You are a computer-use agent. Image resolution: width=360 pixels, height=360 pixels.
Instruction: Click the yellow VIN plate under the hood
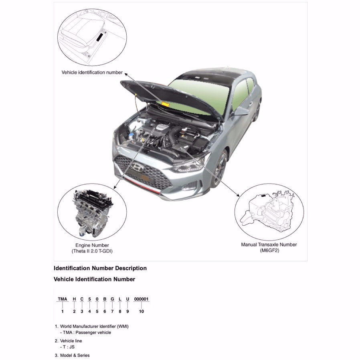click(165, 103)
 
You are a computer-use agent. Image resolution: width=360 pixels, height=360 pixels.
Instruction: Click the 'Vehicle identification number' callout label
click(92, 73)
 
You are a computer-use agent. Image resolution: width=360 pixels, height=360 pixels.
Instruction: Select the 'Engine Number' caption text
click(92, 245)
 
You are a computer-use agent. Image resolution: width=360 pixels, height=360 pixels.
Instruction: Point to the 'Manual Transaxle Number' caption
click(269, 245)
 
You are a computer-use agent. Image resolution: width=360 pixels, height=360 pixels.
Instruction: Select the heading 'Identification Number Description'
click(100, 268)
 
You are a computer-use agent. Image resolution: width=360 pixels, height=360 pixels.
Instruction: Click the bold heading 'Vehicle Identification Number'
click(94, 279)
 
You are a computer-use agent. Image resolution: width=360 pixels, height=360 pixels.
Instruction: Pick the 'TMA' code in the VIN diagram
click(62, 299)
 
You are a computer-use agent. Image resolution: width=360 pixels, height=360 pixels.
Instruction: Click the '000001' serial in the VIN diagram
click(141, 299)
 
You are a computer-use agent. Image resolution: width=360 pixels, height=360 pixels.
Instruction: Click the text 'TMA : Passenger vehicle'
click(85, 332)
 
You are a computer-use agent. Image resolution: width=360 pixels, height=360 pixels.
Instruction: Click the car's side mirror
click(241, 111)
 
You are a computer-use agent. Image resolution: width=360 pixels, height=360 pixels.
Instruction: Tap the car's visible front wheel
click(220, 170)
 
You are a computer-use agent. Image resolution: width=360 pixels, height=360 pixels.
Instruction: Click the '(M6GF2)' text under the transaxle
click(269, 251)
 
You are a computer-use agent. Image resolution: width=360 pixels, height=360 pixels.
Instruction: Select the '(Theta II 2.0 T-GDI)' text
click(92, 251)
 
